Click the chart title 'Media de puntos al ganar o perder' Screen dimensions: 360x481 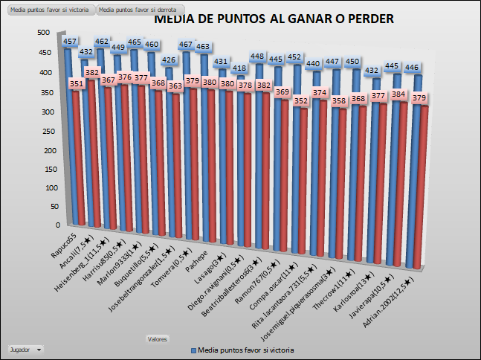tap(274, 19)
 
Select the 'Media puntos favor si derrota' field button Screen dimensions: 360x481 tap(137, 10)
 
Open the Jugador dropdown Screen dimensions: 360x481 tap(25, 348)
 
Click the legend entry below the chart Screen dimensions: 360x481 tap(242, 350)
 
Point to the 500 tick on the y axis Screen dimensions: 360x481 tap(43, 33)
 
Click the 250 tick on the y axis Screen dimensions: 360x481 tap(43, 130)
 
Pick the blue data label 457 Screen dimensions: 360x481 tap(71, 42)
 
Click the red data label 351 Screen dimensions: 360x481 tap(77, 84)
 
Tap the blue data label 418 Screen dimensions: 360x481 tap(239, 68)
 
